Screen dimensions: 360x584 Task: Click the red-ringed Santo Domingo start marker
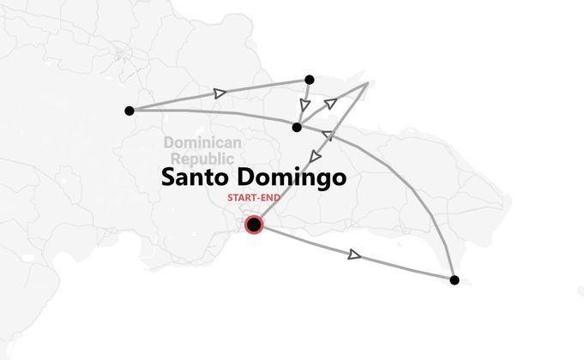pos(254,225)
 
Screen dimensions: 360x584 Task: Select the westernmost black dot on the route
pos(129,111)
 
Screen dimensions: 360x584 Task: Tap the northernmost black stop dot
pos(310,80)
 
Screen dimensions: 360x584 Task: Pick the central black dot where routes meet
pos(297,127)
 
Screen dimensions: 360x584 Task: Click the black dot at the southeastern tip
pos(454,279)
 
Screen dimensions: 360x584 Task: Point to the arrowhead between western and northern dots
pos(220,92)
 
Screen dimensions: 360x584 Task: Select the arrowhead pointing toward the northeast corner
pos(332,103)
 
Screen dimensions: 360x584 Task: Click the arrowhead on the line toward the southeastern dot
pos(355,254)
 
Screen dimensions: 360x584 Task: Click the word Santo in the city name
pos(195,177)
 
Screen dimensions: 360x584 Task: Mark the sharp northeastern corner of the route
pos(368,84)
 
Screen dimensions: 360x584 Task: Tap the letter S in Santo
pos(169,177)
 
